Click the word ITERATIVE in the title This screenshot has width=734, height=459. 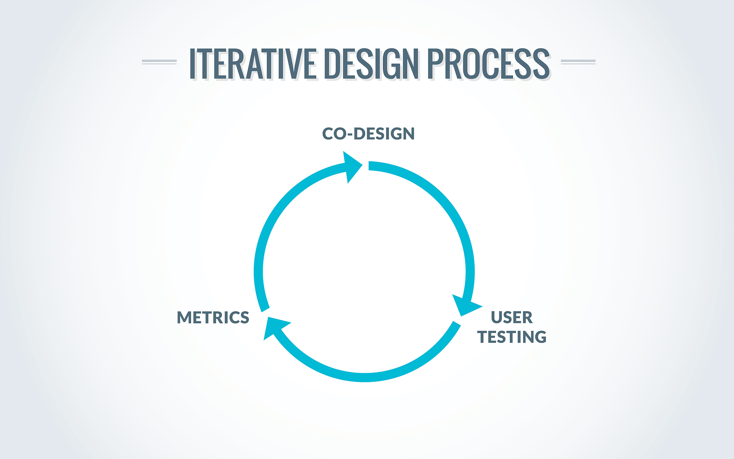(252, 64)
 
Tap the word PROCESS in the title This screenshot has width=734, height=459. (488, 64)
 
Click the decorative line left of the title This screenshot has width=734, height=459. (159, 62)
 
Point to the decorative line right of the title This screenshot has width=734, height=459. (578, 62)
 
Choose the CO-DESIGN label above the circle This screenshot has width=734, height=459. (368, 134)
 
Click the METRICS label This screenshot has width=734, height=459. (213, 318)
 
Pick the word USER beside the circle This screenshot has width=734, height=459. (512, 317)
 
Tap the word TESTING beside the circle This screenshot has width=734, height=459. (512, 337)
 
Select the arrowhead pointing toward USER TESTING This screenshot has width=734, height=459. (465, 305)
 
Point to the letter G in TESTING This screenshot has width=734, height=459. (540, 337)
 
